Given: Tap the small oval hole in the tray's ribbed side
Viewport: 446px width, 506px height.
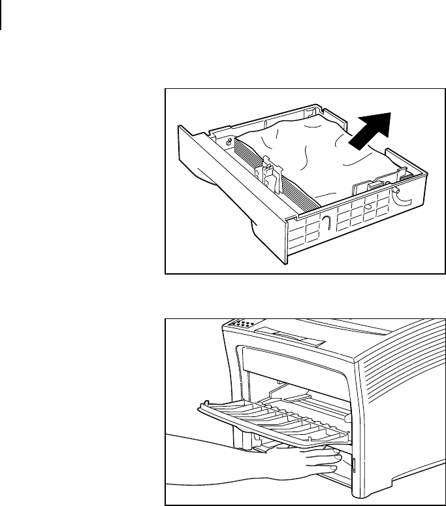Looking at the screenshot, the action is (x=369, y=207).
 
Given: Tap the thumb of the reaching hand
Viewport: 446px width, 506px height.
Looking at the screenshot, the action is (x=330, y=450).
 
